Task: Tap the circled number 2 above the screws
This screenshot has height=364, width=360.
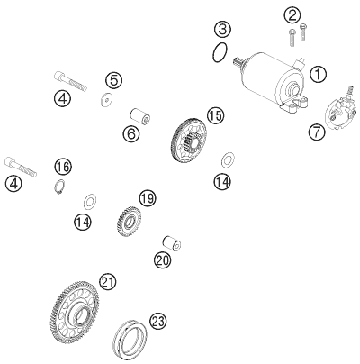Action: point(292,15)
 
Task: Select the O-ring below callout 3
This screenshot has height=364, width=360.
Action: point(220,52)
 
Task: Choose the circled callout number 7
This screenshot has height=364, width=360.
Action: point(317,132)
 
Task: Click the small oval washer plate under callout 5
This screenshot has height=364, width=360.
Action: point(106,99)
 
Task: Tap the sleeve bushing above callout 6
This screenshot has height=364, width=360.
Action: point(139,116)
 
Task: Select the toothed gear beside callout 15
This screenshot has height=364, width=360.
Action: point(190,142)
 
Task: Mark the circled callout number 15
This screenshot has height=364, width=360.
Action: point(215,116)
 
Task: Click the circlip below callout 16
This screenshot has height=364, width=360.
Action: point(58,187)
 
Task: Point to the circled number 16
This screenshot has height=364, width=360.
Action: point(63,167)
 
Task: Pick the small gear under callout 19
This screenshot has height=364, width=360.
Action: point(130,222)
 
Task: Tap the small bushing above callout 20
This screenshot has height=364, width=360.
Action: point(173,243)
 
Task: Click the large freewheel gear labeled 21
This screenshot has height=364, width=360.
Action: point(74,313)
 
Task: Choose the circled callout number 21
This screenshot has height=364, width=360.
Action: point(108,282)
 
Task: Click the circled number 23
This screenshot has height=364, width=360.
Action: point(157,322)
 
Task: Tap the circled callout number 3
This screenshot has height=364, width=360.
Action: point(223,30)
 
